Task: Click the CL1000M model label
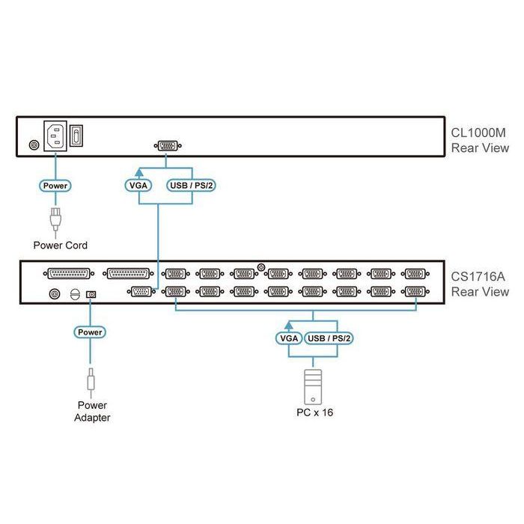point(479,132)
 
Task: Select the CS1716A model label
point(479,276)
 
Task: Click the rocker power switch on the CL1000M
point(77,135)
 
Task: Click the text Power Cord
point(60,245)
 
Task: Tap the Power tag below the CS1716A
point(90,331)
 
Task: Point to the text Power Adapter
point(91,411)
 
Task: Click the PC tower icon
point(312,383)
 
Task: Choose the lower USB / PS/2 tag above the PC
point(330,338)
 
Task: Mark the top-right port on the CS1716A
point(415,274)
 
